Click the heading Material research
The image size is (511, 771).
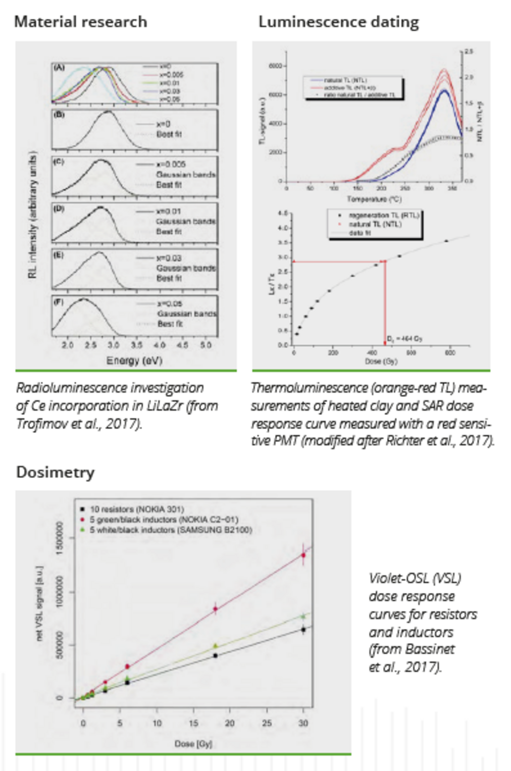coord(81,22)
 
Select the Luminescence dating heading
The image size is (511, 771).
coord(338,22)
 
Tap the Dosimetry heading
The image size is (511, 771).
coord(55,472)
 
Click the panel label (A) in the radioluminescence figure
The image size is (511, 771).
coord(59,68)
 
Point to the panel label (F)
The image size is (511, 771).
coord(59,302)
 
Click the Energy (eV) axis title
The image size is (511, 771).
coord(134,361)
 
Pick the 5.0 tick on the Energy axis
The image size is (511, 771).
coord(206,345)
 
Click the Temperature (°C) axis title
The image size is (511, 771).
coord(374,199)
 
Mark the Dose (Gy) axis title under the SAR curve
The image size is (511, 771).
coord(381,361)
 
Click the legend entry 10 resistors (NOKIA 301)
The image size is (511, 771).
coord(136,509)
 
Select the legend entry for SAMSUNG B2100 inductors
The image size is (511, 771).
coord(171,530)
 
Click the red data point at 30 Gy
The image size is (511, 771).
coord(303,555)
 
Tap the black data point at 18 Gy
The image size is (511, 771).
coord(216,655)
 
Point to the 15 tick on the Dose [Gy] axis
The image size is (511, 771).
coord(193,723)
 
